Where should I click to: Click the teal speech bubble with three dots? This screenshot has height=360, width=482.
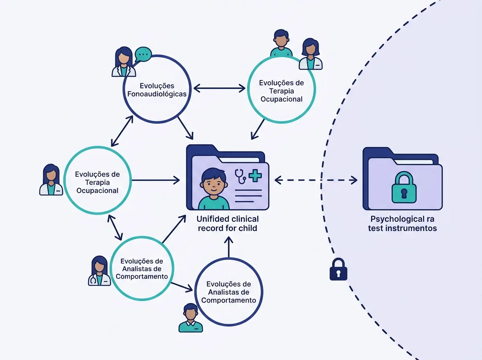coord(143,54)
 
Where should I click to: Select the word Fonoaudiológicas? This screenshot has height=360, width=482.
coord(157,94)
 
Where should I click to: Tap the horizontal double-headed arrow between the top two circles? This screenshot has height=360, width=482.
coord(219,88)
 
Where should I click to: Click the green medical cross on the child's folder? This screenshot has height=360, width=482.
coord(255,176)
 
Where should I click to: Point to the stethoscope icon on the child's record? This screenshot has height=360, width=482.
coord(240,176)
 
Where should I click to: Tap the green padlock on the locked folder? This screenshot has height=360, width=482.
coord(404,187)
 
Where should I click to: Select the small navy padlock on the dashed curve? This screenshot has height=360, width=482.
coord(338,269)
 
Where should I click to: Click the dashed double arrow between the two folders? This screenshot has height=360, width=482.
coord(316,180)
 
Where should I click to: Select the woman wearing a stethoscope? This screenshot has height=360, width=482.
coord(100,271)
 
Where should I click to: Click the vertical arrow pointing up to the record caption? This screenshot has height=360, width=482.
coord(229,247)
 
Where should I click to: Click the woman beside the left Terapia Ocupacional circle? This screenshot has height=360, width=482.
coord(51,180)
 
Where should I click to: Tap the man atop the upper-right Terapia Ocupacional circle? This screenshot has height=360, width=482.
coord(281,43)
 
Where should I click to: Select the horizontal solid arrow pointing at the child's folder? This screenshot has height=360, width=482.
coord(156,180)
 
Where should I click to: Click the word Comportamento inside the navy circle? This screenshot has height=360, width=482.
coord(229,300)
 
